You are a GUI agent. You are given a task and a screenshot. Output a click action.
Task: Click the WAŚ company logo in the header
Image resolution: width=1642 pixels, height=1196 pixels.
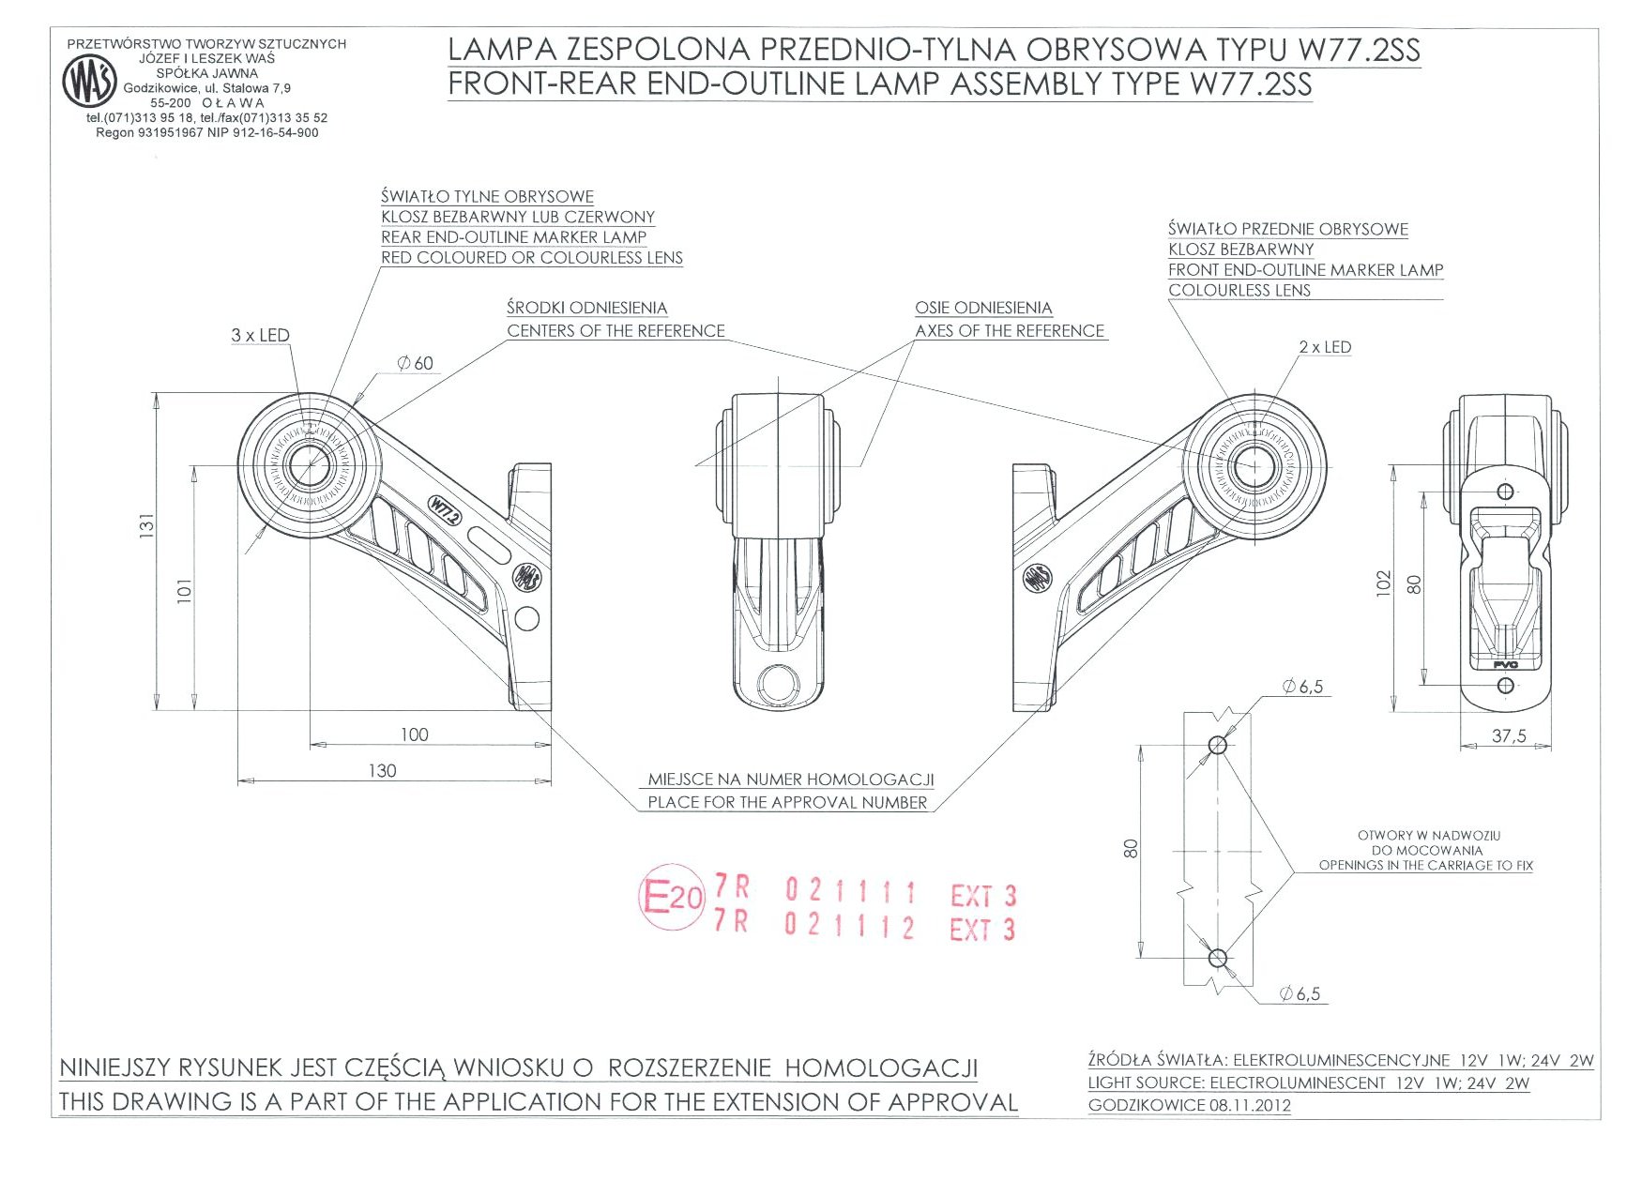(90, 81)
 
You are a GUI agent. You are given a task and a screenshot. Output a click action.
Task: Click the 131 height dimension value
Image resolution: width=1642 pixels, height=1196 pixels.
(146, 528)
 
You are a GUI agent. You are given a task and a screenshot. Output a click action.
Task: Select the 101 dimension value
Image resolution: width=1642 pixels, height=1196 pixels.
(185, 590)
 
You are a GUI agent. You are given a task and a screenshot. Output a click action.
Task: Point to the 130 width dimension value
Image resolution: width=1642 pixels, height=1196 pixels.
(382, 771)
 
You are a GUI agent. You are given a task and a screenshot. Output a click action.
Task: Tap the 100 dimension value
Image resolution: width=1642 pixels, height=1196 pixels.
(414, 735)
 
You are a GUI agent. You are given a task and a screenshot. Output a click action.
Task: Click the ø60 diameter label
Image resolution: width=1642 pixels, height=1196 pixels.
(415, 363)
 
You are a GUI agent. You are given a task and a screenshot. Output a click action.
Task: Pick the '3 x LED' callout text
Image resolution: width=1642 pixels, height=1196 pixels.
(260, 335)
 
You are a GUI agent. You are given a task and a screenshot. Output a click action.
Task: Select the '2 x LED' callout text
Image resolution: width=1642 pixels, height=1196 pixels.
(1325, 347)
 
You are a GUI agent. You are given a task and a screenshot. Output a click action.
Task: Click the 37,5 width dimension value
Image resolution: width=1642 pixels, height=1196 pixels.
(1509, 736)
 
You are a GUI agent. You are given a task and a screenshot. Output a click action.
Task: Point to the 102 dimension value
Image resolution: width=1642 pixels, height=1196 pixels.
(1384, 583)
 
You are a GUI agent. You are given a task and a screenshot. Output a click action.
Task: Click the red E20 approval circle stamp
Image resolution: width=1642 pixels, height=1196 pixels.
(671, 897)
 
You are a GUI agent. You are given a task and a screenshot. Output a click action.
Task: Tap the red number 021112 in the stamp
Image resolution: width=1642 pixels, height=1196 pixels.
(849, 927)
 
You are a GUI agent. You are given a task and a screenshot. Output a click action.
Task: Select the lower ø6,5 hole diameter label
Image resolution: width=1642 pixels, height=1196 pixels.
(1300, 994)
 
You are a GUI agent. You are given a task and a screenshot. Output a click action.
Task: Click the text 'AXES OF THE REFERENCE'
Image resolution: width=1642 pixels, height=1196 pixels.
(1010, 331)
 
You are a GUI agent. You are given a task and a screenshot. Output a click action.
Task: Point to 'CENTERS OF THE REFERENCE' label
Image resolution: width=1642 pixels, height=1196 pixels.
(616, 331)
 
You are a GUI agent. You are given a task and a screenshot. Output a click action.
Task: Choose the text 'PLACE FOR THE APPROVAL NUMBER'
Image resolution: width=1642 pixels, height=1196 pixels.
(787, 803)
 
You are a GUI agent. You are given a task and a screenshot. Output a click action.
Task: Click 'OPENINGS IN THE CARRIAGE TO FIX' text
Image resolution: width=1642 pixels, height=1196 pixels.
(1425, 866)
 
